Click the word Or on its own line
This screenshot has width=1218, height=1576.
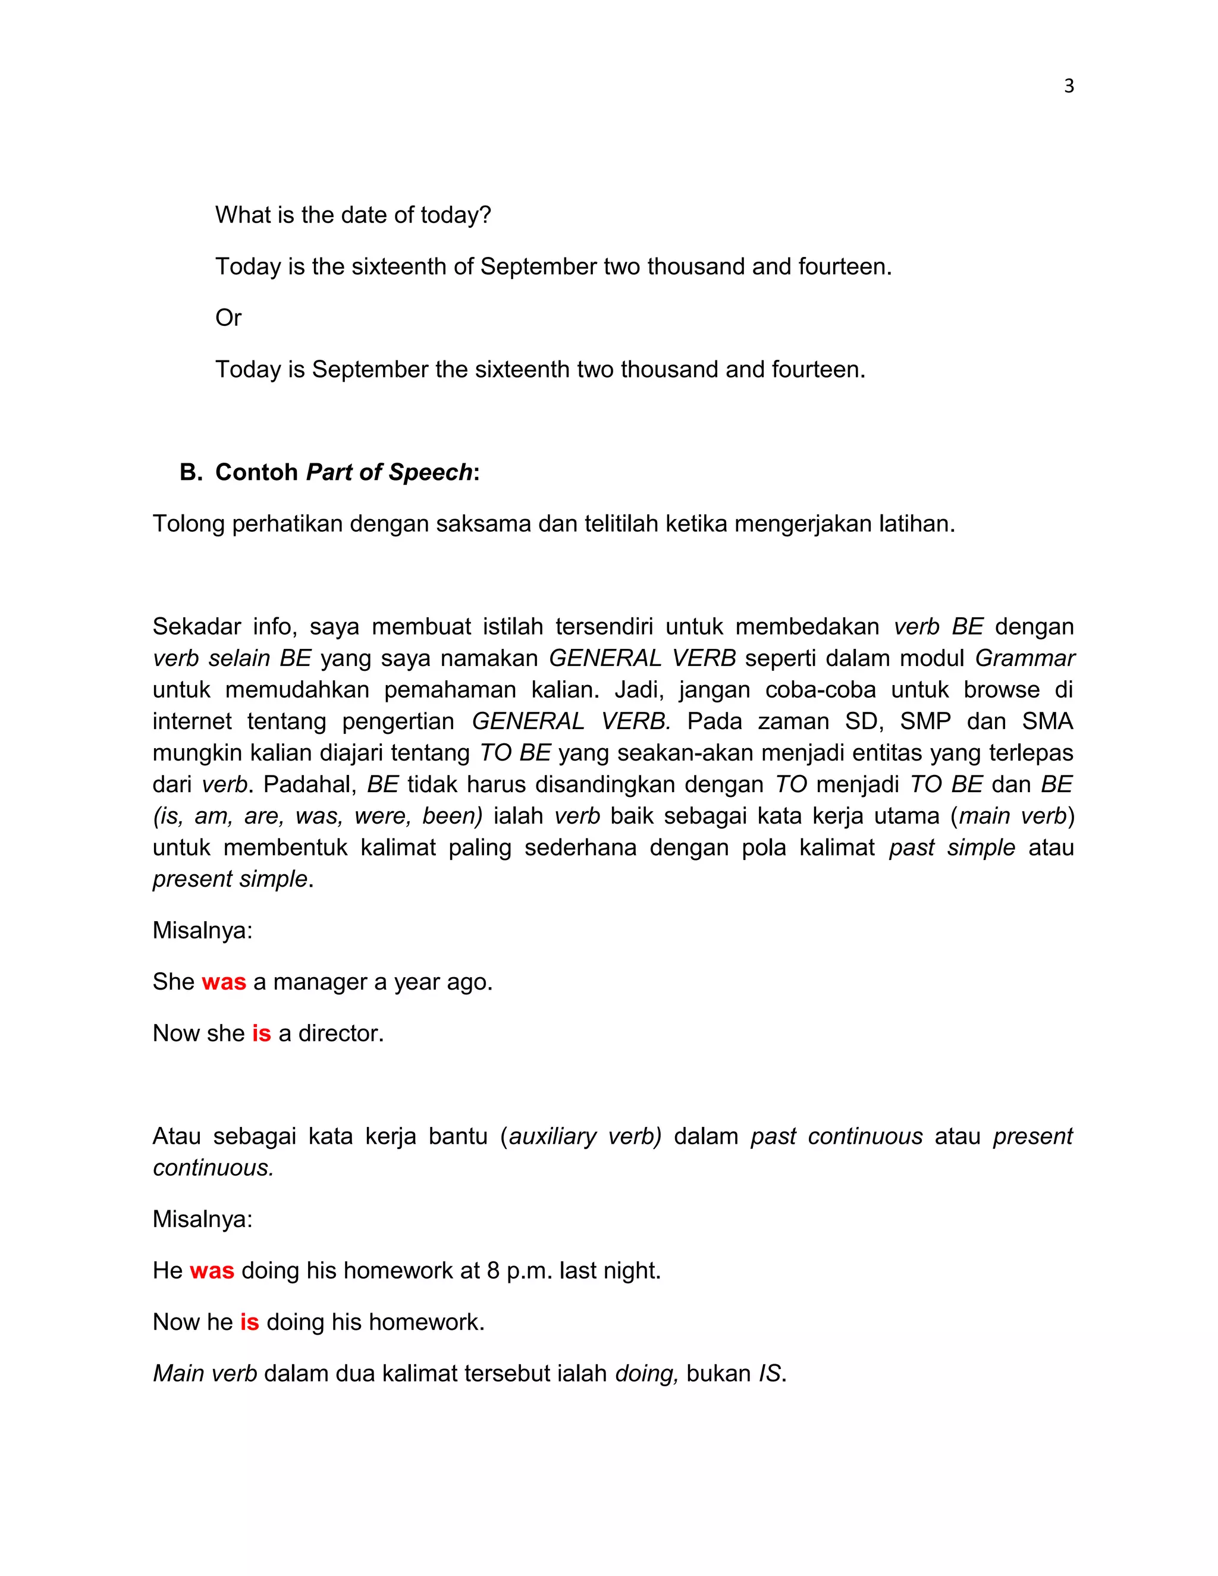point(228,318)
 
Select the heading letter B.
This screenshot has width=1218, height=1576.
point(190,472)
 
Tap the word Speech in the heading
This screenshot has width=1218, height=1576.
point(430,472)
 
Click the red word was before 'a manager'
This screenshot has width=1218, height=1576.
point(224,982)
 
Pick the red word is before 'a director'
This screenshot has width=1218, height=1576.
point(261,1034)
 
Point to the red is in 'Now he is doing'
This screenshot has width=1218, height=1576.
point(249,1322)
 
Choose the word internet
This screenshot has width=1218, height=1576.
point(192,721)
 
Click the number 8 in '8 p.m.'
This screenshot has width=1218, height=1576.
point(493,1271)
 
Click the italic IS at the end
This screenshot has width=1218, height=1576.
point(769,1373)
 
